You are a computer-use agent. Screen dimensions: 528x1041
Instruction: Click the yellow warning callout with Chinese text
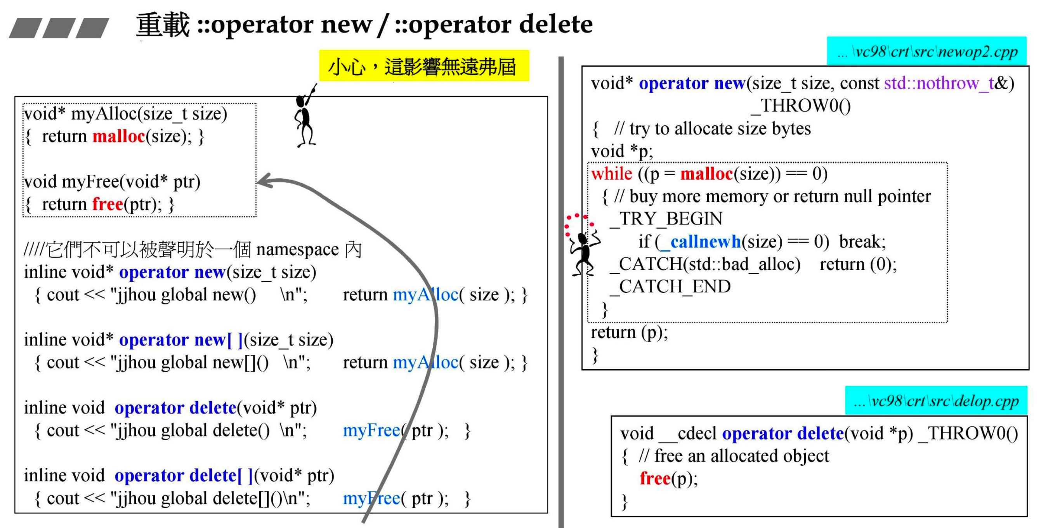(x=423, y=66)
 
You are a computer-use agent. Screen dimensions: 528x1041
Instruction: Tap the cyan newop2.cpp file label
(x=926, y=51)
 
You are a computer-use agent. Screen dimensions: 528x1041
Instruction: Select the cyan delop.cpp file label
(x=936, y=401)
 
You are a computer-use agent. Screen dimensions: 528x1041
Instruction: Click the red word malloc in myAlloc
(x=118, y=136)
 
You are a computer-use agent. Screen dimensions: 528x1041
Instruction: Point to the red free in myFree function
(x=108, y=204)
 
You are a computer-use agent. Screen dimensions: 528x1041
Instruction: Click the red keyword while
(x=611, y=174)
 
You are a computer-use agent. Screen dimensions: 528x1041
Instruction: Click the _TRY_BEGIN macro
(x=667, y=219)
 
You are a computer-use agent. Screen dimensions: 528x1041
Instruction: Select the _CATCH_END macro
(x=671, y=287)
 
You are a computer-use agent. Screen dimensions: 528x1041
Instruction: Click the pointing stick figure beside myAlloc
(x=305, y=117)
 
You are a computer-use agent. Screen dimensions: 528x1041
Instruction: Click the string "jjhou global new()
(x=186, y=295)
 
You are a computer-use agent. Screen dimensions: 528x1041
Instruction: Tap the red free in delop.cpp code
(x=655, y=478)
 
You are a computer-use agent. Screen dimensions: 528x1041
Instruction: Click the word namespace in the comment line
(x=297, y=250)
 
